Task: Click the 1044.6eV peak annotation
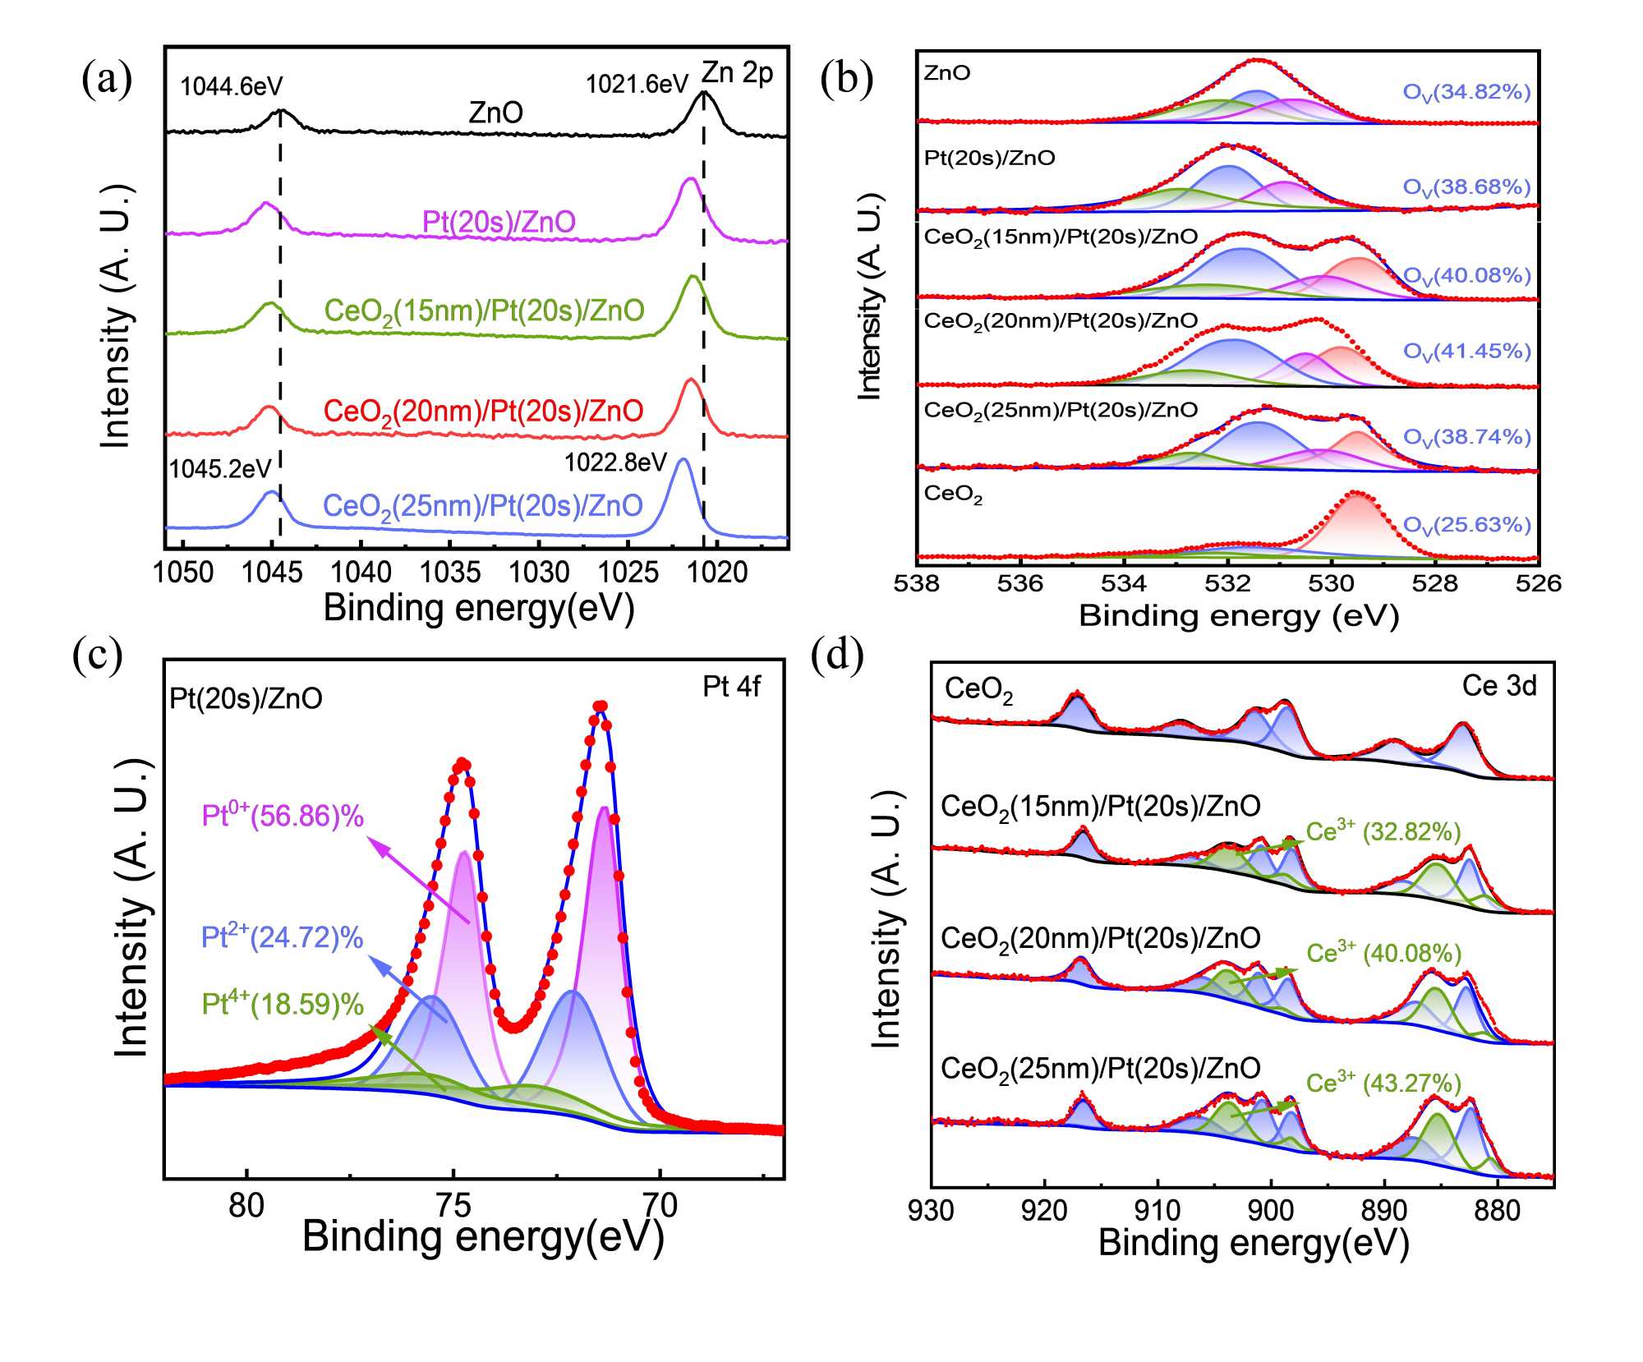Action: (x=231, y=86)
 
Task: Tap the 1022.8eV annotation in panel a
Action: (x=615, y=462)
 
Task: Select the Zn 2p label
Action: (x=737, y=73)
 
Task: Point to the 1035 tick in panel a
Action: (x=449, y=573)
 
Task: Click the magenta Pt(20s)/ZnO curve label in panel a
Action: (x=499, y=222)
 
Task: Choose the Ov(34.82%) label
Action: (x=1466, y=92)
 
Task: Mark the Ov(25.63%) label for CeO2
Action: (x=1466, y=525)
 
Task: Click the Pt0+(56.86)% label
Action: (x=283, y=816)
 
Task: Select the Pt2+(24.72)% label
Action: (x=282, y=937)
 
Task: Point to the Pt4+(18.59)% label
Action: (x=283, y=1004)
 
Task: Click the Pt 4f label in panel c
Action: (x=731, y=687)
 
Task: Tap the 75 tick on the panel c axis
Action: (x=453, y=1205)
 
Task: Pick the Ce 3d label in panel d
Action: (x=1498, y=686)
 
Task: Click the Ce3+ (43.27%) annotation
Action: (x=1383, y=1084)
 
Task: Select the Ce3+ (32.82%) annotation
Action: (x=1383, y=832)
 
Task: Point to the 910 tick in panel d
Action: (x=1157, y=1210)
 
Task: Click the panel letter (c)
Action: (x=97, y=655)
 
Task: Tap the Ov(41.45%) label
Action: (x=1466, y=352)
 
